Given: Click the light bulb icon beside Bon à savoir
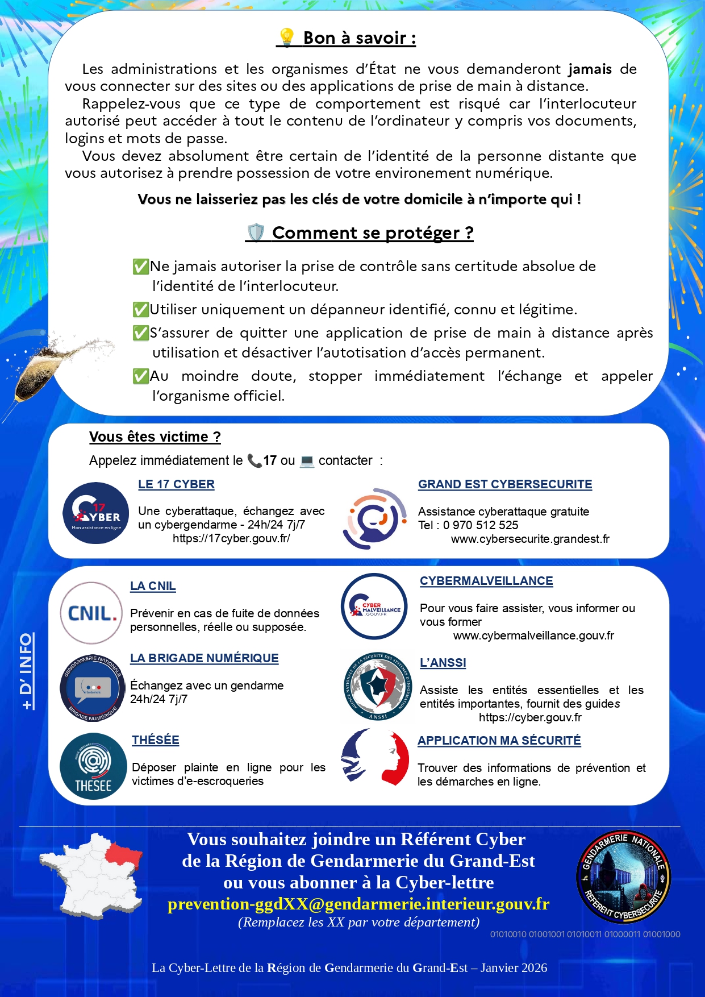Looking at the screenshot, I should [287, 38].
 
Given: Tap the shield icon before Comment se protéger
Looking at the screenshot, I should [256, 232].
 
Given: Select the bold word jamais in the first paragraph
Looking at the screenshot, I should [590, 69].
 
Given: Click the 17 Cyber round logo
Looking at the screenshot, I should [96, 513].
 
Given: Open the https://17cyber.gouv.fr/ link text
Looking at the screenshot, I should [231, 538].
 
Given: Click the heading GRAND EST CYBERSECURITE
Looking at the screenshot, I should [505, 484].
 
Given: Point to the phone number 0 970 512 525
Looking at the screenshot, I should [481, 525].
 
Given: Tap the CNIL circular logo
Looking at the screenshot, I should [91, 613].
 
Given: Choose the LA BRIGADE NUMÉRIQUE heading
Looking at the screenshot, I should [205, 658].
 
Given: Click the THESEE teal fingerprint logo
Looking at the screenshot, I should [93, 766].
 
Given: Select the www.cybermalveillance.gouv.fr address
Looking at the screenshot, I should [533, 635].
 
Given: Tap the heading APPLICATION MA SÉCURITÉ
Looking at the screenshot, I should [499, 741].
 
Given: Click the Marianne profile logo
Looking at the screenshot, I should [376, 758].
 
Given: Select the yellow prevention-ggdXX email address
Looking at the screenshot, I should [358, 904].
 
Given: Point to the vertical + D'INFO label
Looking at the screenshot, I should [27, 671].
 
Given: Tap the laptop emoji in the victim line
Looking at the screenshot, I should [307, 460].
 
